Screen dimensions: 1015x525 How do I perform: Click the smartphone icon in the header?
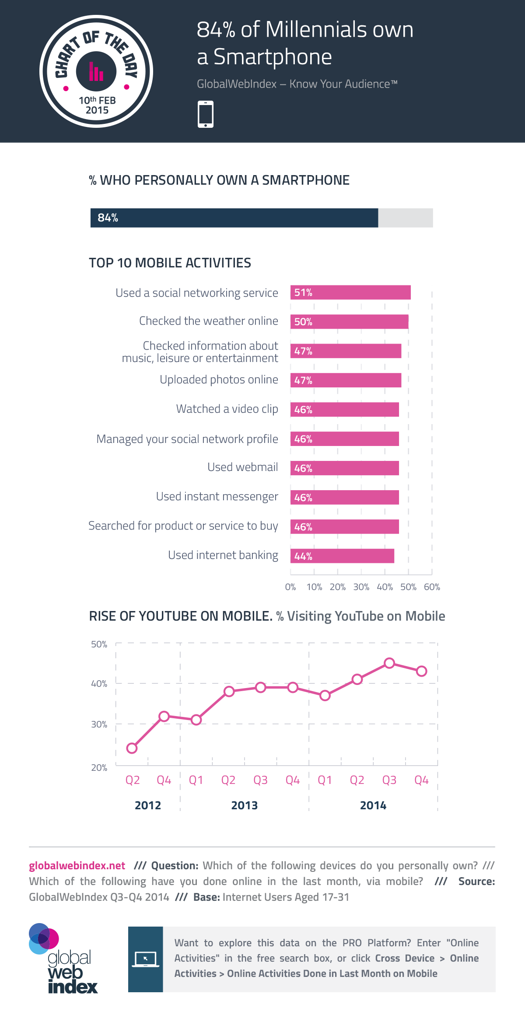pos(206,114)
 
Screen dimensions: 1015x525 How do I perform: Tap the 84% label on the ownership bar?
pos(108,218)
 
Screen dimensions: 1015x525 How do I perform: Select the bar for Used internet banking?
pos(342,556)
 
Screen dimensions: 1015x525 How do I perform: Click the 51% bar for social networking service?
pos(350,292)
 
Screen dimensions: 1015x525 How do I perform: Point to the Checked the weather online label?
pos(208,321)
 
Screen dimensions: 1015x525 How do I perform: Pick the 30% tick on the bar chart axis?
pos(361,587)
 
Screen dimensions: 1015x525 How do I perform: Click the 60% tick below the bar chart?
pos(432,587)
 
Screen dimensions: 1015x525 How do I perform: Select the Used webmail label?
pos(242,467)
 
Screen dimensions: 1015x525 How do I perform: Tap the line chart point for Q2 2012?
pos(132,748)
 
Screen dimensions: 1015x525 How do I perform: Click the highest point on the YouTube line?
pos(389,663)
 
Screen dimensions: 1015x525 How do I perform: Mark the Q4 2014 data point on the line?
pos(421,671)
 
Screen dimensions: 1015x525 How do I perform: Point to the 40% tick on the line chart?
pos(99,684)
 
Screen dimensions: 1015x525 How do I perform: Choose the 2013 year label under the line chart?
pos(244,805)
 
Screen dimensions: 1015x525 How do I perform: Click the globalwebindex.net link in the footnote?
pos(77,866)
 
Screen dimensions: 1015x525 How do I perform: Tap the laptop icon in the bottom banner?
pos(145,959)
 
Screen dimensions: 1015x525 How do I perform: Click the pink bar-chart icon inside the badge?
pos(96,72)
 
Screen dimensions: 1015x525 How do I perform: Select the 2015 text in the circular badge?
pos(97,110)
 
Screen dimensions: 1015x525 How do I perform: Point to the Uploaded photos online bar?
pos(346,380)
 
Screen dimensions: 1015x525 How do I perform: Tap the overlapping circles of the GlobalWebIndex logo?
pos(43,938)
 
